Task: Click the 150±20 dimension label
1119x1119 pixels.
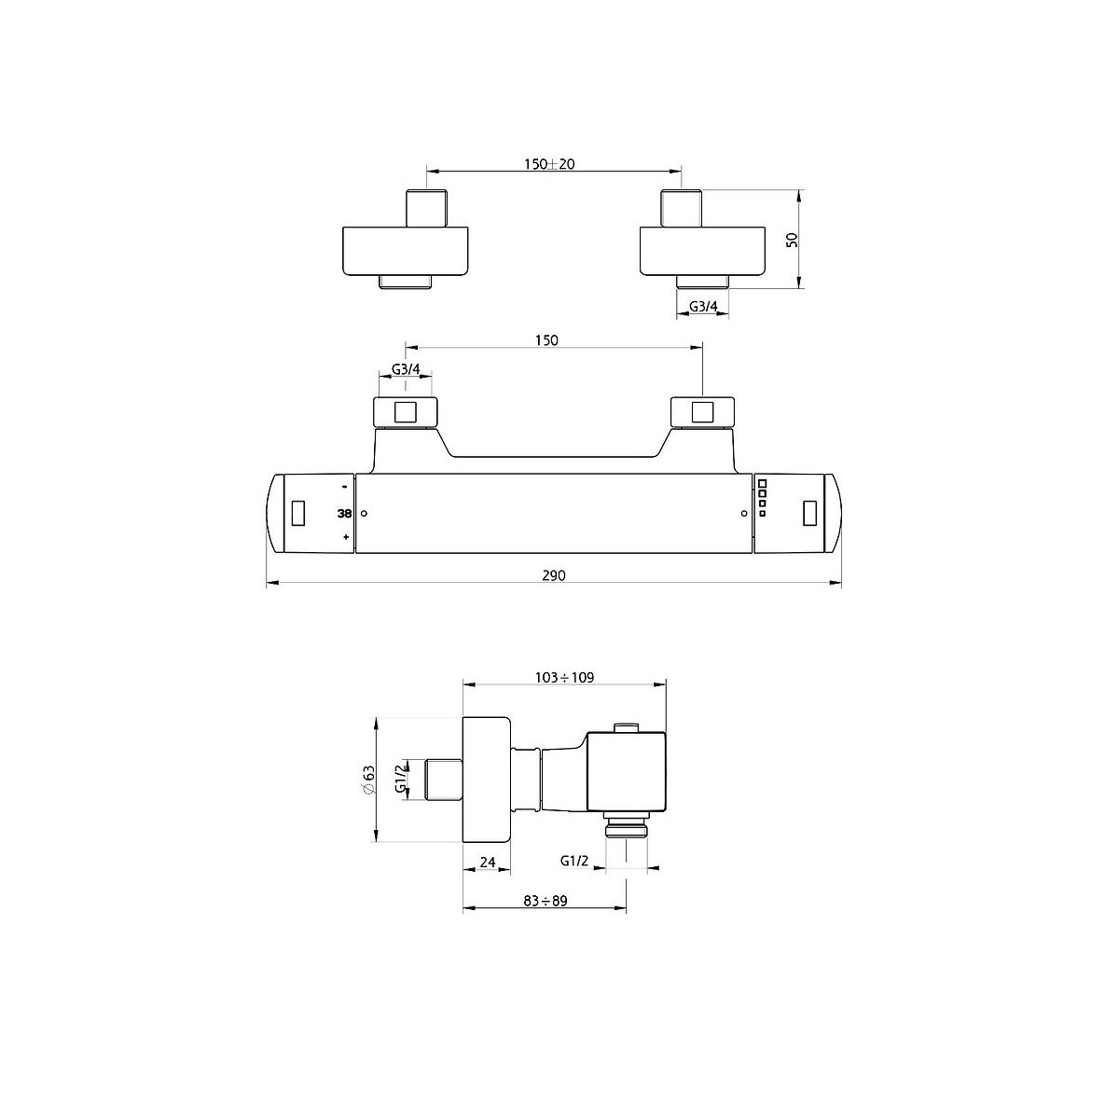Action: coord(548,164)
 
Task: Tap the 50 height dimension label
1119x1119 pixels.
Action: coord(792,240)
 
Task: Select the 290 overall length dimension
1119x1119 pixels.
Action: coord(554,575)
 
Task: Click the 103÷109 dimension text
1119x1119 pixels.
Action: coord(564,677)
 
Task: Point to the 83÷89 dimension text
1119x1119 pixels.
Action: coord(545,901)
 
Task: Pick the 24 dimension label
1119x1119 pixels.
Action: coord(488,878)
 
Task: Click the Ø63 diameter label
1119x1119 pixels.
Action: coord(368,781)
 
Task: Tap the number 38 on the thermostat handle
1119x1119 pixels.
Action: coord(344,513)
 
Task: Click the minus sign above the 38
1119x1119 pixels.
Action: coord(344,487)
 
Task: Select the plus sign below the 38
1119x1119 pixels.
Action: coord(346,538)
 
